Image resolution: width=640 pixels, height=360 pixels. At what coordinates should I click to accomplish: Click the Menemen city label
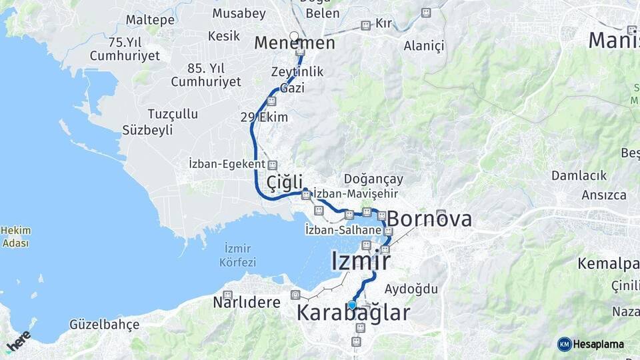pos(294,43)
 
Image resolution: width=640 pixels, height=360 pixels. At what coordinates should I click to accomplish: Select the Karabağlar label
pos(353,313)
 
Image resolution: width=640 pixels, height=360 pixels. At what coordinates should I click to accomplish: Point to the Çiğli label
pos(284,182)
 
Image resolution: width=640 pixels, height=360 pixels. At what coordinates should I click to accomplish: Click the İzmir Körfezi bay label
pos(237,255)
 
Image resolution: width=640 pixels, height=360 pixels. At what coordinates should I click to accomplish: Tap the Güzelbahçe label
pos(105,325)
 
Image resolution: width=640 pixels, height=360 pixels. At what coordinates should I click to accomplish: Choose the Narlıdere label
pos(247,302)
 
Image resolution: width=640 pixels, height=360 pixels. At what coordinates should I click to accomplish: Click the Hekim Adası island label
pos(15,237)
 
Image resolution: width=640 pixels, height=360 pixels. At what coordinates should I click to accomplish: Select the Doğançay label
pos(373,179)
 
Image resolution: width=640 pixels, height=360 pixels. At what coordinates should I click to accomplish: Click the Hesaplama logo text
pos(598,345)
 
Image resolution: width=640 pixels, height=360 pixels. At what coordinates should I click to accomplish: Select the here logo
pos(18,341)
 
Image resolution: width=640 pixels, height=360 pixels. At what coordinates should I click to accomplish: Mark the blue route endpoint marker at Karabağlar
pos(352,305)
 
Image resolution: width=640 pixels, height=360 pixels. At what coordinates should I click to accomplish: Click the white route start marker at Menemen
pos(294,36)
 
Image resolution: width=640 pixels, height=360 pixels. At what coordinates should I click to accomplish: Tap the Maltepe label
pos(150,19)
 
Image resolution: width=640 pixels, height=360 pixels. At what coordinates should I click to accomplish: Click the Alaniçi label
pos(423,45)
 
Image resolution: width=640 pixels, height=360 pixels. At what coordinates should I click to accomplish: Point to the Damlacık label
pos(579,175)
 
